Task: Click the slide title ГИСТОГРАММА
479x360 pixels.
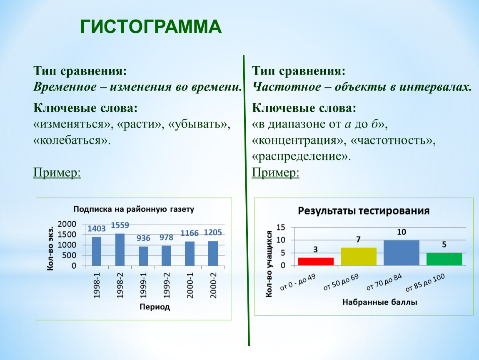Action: pos(151,27)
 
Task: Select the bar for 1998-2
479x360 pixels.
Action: pos(120,250)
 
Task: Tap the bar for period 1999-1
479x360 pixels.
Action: pos(143,256)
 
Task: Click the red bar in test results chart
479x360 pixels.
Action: pos(316,262)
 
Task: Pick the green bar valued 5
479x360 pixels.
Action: pos(444,259)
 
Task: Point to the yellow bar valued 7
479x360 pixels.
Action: pos(359,256)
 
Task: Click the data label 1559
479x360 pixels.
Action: pos(120,225)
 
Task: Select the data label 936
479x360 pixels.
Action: pos(143,238)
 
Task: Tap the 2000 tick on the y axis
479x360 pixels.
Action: pos(67,224)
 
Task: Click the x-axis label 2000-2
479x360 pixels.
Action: pos(213,285)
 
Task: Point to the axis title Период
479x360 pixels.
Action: pos(155,307)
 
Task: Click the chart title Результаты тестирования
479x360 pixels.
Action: pos(364,211)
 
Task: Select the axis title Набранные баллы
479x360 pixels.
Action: pos(380,302)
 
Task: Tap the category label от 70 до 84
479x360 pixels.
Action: pos(384,282)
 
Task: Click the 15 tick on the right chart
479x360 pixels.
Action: pos(281,227)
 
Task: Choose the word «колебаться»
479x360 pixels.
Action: pos(72,140)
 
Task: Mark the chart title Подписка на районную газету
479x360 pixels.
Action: pos(134,209)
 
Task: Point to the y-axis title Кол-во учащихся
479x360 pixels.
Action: pos(269,264)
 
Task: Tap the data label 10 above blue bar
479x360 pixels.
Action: pos(402,232)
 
